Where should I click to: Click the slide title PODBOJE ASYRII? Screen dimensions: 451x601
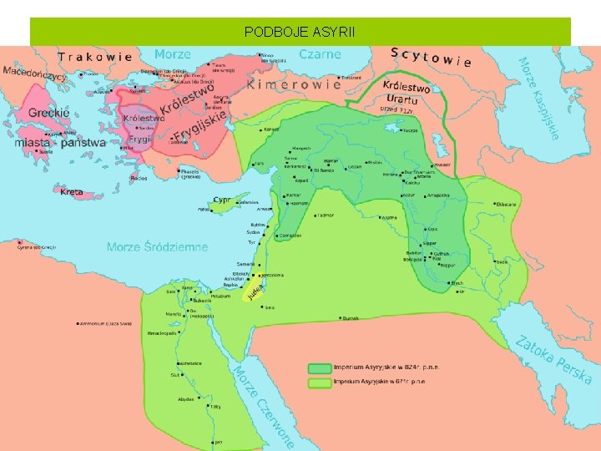pyautogui.click(x=300, y=33)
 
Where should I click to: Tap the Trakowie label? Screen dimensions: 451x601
pyautogui.click(x=95, y=57)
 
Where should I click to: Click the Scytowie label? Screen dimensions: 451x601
pyautogui.click(x=431, y=56)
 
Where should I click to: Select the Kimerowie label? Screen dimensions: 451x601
pyautogui.click(x=295, y=84)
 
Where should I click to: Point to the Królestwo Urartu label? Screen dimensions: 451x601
pyautogui.click(x=406, y=94)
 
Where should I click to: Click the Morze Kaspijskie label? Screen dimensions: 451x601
pyautogui.click(x=538, y=98)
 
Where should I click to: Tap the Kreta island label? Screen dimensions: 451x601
pyautogui.click(x=73, y=191)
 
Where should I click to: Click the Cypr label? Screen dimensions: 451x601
pyautogui.click(x=221, y=200)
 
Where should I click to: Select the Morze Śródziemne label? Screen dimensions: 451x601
pyautogui.click(x=157, y=247)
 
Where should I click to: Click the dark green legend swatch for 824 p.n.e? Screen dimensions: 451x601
pyautogui.click(x=319, y=367)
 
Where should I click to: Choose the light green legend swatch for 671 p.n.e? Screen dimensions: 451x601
pyautogui.click(x=319, y=382)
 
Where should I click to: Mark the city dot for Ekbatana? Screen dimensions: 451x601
pyautogui.click(x=493, y=204)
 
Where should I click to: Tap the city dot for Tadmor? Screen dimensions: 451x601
pyautogui.click(x=313, y=215)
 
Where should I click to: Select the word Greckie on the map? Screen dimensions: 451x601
pyautogui.click(x=49, y=113)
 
